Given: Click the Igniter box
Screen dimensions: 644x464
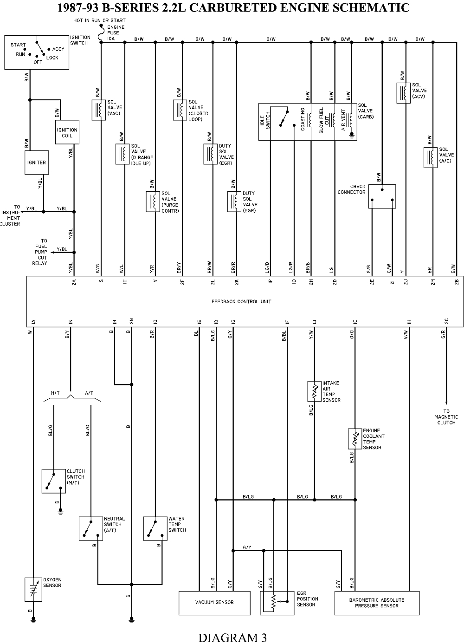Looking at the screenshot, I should [x=37, y=163].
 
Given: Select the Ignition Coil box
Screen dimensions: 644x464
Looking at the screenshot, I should [x=67, y=132].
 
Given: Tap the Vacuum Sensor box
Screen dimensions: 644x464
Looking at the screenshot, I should [x=214, y=603].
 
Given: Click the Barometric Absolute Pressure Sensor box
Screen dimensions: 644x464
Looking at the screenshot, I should [x=376, y=603].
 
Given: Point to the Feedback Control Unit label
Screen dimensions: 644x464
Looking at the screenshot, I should [x=241, y=302].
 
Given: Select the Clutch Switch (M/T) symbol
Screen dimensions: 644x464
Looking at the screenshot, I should [x=53, y=481].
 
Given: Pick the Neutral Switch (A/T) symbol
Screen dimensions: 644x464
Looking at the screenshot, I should [x=90, y=528].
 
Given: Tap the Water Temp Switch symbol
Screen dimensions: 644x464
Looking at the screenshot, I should [x=155, y=528].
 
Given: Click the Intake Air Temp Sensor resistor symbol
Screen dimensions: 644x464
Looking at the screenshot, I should [x=314, y=391].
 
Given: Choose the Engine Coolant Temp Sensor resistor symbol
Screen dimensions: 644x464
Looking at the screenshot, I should [x=355, y=439].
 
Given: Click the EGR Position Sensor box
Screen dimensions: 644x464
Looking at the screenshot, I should [x=277, y=603].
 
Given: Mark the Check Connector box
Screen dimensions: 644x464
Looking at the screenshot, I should [x=382, y=196].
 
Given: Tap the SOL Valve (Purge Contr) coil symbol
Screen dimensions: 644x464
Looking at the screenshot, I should [x=153, y=202].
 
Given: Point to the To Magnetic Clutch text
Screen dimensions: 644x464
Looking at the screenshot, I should [x=446, y=417].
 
